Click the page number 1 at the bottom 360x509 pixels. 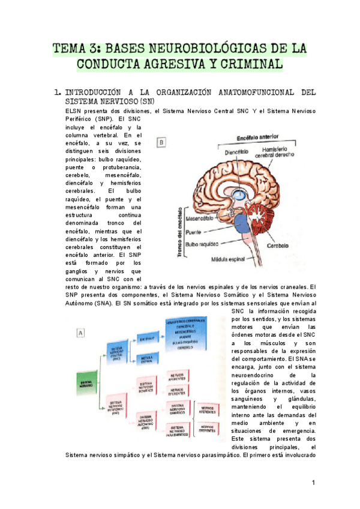[x=314, y=483]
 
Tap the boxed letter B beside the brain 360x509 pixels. [x=162, y=143]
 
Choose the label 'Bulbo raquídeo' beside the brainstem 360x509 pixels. [x=201, y=244]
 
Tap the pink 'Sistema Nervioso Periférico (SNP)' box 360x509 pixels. [x=116, y=408]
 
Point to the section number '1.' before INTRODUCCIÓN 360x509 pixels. [x=57, y=92]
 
